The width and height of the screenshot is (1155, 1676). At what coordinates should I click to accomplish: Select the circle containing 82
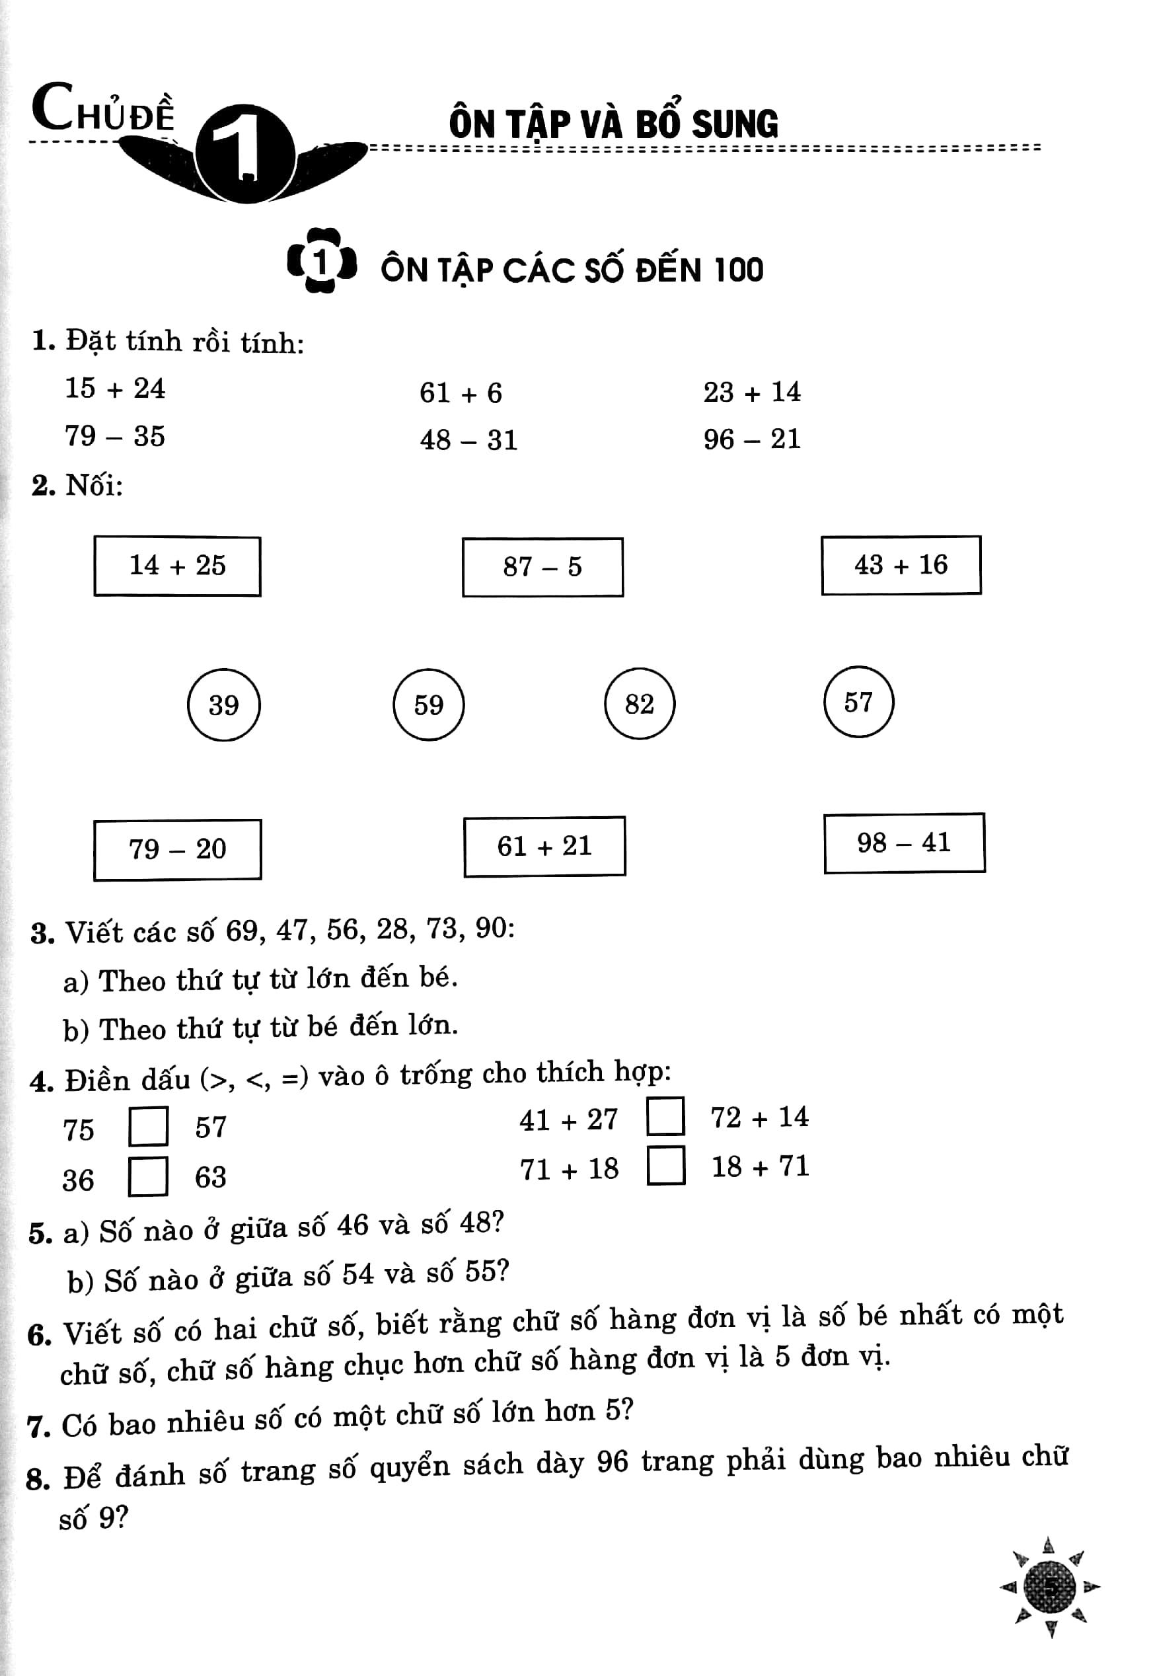[640, 703]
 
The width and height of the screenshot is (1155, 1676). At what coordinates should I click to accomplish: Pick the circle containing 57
[858, 702]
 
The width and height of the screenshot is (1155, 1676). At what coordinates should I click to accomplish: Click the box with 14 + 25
[177, 566]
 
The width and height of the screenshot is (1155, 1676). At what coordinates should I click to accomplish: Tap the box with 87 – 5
[542, 566]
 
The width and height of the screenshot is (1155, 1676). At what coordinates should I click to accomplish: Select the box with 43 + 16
[901, 565]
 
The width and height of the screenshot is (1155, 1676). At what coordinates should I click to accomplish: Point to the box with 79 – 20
[177, 849]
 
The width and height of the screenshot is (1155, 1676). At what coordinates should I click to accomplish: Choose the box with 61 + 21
[544, 846]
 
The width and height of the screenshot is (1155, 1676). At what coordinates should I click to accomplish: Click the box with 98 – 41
[904, 843]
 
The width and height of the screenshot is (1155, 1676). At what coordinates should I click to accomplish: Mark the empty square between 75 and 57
[149, 1126]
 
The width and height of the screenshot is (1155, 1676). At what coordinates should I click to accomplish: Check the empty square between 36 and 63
[149, 1176]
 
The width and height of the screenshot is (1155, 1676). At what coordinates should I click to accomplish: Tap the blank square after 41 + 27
[666, 1117]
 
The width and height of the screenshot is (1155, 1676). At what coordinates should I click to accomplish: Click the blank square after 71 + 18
[666, 1165]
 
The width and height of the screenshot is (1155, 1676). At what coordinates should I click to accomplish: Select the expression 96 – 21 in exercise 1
[752, 439]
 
